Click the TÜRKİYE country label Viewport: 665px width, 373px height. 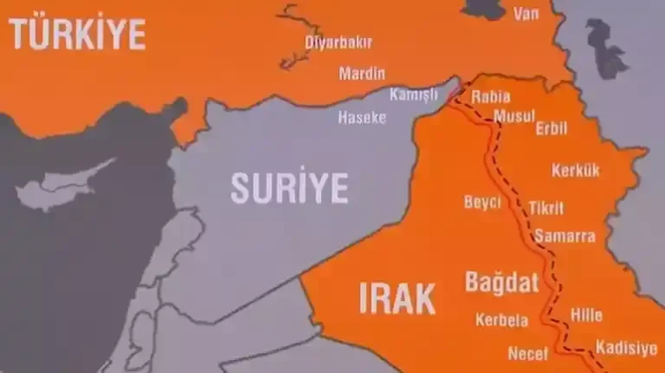click(78, 34)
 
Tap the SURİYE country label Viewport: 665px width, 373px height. click(289, 187)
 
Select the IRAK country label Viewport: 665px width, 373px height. click(397, 298)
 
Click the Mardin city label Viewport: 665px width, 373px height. click(362, 73)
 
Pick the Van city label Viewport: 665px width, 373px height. click(526, 14)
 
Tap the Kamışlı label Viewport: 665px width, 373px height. click(413, 95)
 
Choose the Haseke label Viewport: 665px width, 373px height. click(362, 117)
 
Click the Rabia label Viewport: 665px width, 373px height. click(490, 97)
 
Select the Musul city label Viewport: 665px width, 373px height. click(514, 115)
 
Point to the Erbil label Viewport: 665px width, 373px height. click(552, 129)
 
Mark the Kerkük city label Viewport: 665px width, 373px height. click(575, 170)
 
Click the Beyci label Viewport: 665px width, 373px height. click(482, 202)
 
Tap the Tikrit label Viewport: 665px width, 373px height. click(546, 208)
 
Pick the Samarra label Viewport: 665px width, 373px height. click(565, 236)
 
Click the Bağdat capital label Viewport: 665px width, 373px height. click(502, 282)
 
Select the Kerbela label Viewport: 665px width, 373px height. click(501, 320)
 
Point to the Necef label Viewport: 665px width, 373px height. click(528, 353)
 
